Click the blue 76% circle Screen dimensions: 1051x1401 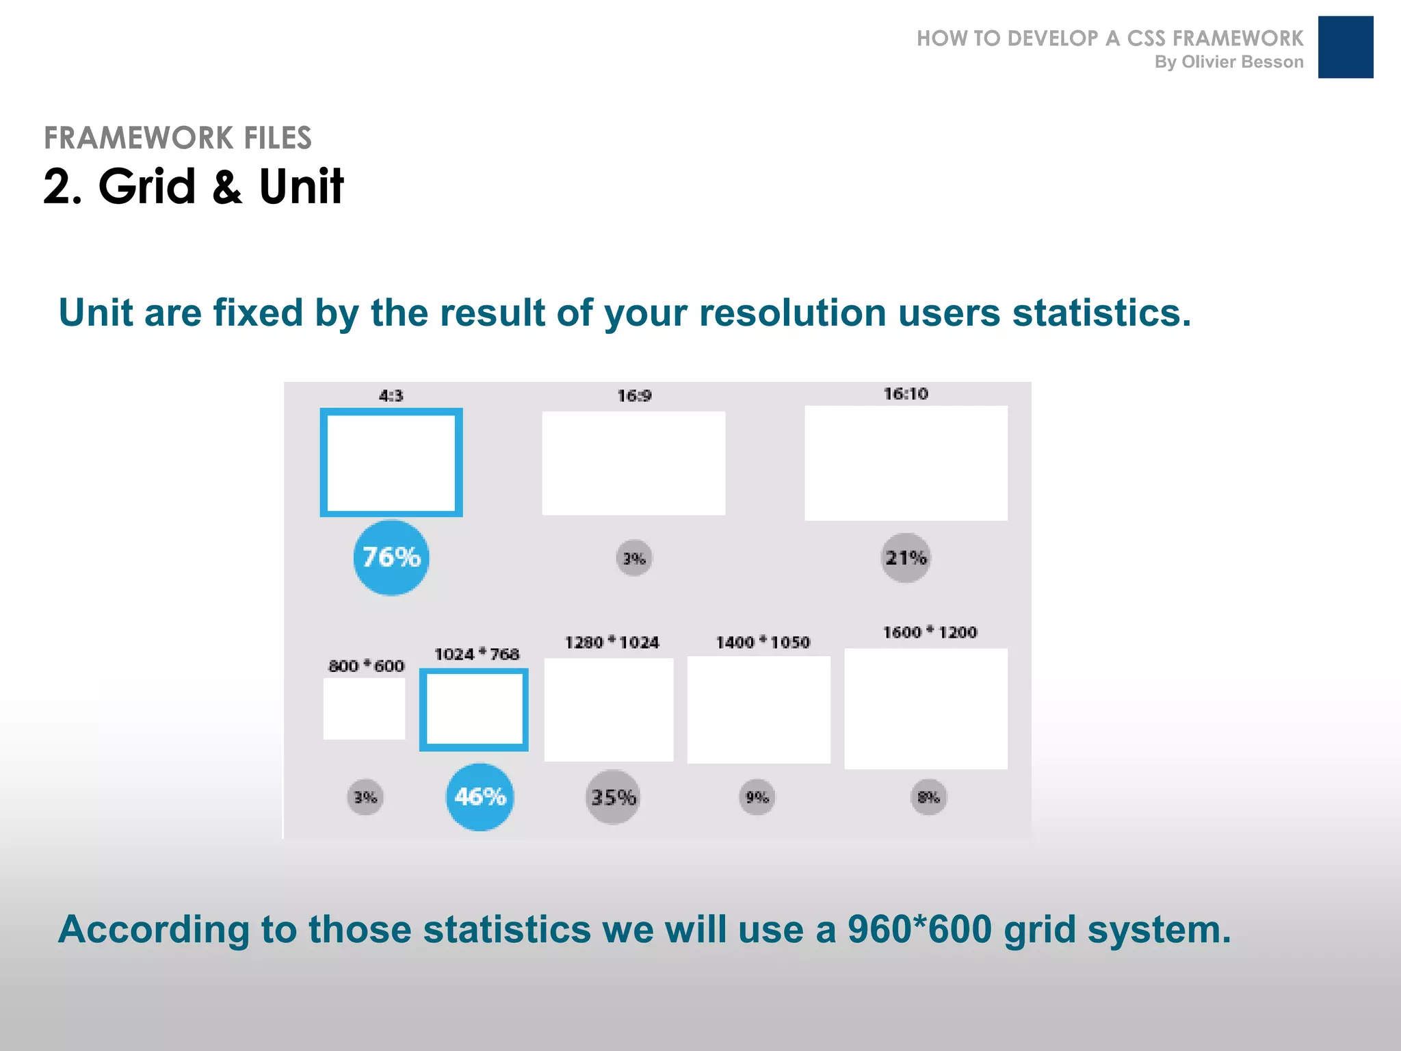tap(391, 558)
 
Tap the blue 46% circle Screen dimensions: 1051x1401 tap(480, 797)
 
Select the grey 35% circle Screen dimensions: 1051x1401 tap(613, 797)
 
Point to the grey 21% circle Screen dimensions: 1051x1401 tap(906, 558)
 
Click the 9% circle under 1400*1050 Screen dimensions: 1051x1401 tap(757, 797)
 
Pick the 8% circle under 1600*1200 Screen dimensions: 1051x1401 tap(928, 797)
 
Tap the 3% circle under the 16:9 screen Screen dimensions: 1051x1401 tap(634, 558)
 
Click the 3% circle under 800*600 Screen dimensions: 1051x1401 tap(365, 797)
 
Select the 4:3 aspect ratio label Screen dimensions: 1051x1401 tap(391, 395)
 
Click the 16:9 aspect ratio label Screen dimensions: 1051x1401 tap(634, 395)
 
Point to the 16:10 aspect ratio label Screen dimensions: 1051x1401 tap(906, 393)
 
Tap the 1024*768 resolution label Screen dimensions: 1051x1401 tap(477, 654)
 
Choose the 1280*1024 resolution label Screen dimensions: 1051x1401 tap(612, 643)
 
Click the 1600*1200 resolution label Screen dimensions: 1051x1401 tap(930, 632)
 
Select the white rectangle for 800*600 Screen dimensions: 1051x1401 tap(364, 709)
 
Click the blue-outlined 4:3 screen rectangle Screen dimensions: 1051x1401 tap(391, 463)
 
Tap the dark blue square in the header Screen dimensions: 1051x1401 tap(1345, 47)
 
